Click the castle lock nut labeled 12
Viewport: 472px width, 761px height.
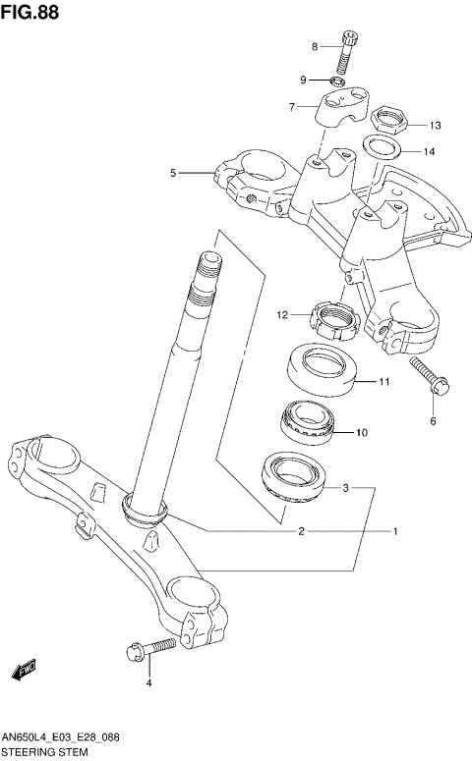pos(331,317)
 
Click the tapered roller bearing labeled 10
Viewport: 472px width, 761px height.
pos(309,419)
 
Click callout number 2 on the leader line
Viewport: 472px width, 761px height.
pos(302,532)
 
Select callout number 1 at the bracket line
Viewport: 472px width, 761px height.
pos(394,532)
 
